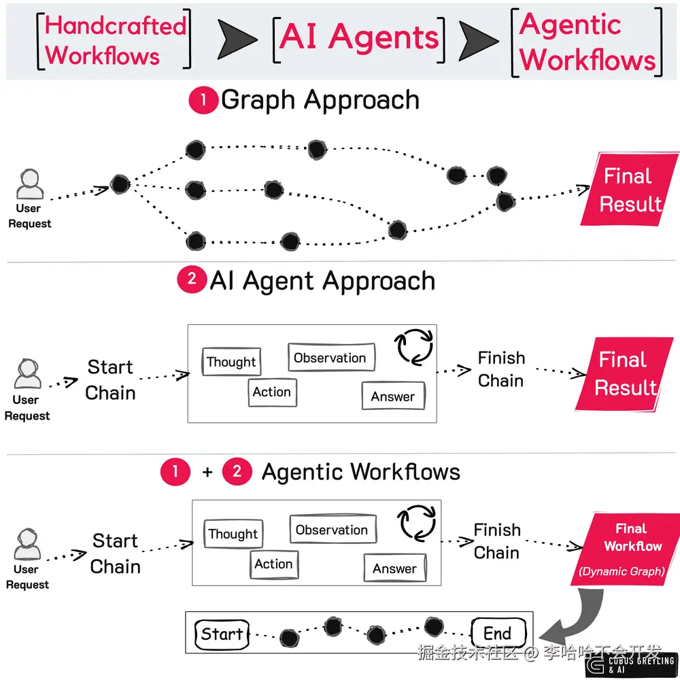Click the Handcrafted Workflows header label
[115, 40]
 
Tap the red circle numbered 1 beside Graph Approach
[203, 101]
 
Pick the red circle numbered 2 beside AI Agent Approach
[191, 280]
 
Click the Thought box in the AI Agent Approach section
[231, 362]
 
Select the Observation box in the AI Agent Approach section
[330, 358]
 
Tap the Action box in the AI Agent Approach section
[272, 392]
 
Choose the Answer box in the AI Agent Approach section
[393, 396]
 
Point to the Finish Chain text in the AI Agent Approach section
[501, 369]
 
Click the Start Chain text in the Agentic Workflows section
[115, 554]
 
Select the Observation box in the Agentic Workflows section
[332, 530]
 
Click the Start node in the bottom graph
[222, 634]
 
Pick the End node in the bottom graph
[498, 634]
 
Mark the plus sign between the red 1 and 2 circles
[207, 472]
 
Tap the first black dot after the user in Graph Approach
[120, 184]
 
